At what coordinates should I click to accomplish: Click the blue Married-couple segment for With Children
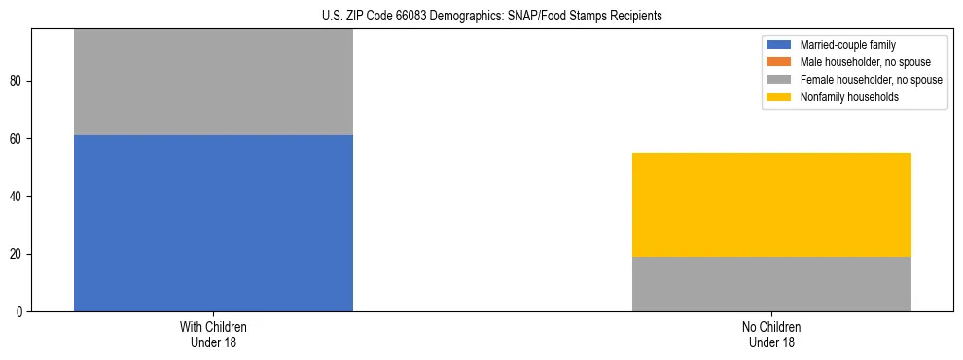(213, 223)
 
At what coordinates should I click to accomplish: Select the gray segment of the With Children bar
(213, 82)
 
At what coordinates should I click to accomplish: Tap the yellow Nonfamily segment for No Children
(771, 204)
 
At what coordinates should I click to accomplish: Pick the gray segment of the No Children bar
(771, 284)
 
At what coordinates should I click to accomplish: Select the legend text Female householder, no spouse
(871, 80)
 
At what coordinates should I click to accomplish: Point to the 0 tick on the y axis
(21, 312)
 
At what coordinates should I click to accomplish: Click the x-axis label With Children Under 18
(213, 335)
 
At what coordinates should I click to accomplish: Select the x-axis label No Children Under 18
(771, 335)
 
